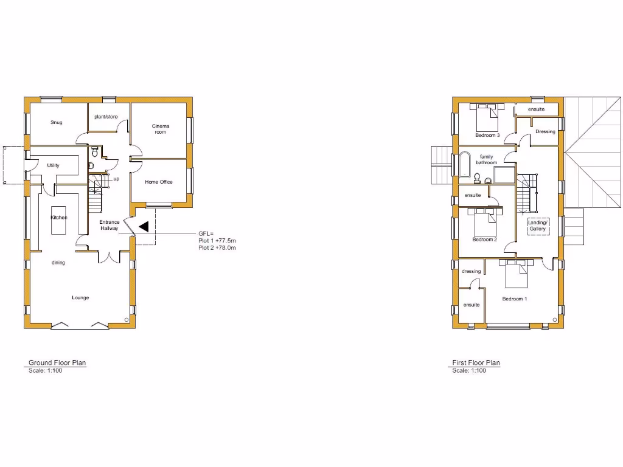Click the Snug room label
point(56,122)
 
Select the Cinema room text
point(161,129)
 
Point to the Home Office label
point(159,182)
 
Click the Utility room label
point(53,165)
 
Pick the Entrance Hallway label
point(110,226)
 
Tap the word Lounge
point(80,297)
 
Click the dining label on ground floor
point(58,263)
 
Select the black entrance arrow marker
point(144,226)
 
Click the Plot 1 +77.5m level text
point(217,241)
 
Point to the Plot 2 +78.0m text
point(217,248)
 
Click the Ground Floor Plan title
point(57,363)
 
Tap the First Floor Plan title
point(476,363)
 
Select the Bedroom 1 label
point(514,299)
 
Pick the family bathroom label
point(486,159)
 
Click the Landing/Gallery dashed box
point(538,226)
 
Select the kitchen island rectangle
point(59,226)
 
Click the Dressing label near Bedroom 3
point(545,131)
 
